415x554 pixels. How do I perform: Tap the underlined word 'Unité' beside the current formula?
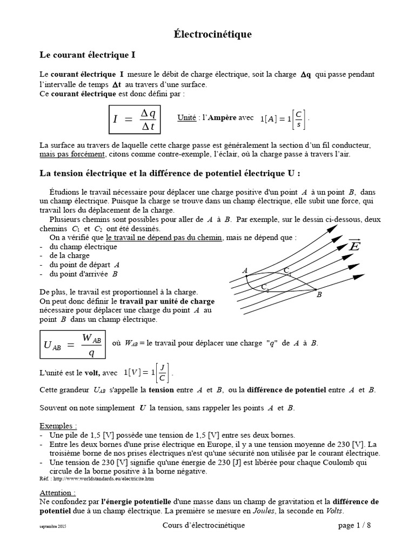[x=186, y=118]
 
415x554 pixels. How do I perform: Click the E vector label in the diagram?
[x=354, y=246]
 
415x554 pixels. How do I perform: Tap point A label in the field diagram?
[x=245, y=270]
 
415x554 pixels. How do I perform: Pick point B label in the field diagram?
[x=319, y=295]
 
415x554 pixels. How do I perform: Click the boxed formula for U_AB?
[x=72, y=344]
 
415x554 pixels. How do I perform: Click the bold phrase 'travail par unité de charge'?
[x=167, y=301]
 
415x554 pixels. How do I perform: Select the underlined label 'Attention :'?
[x=58, y=493]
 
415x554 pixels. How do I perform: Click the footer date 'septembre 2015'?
[x=53, y=526]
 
